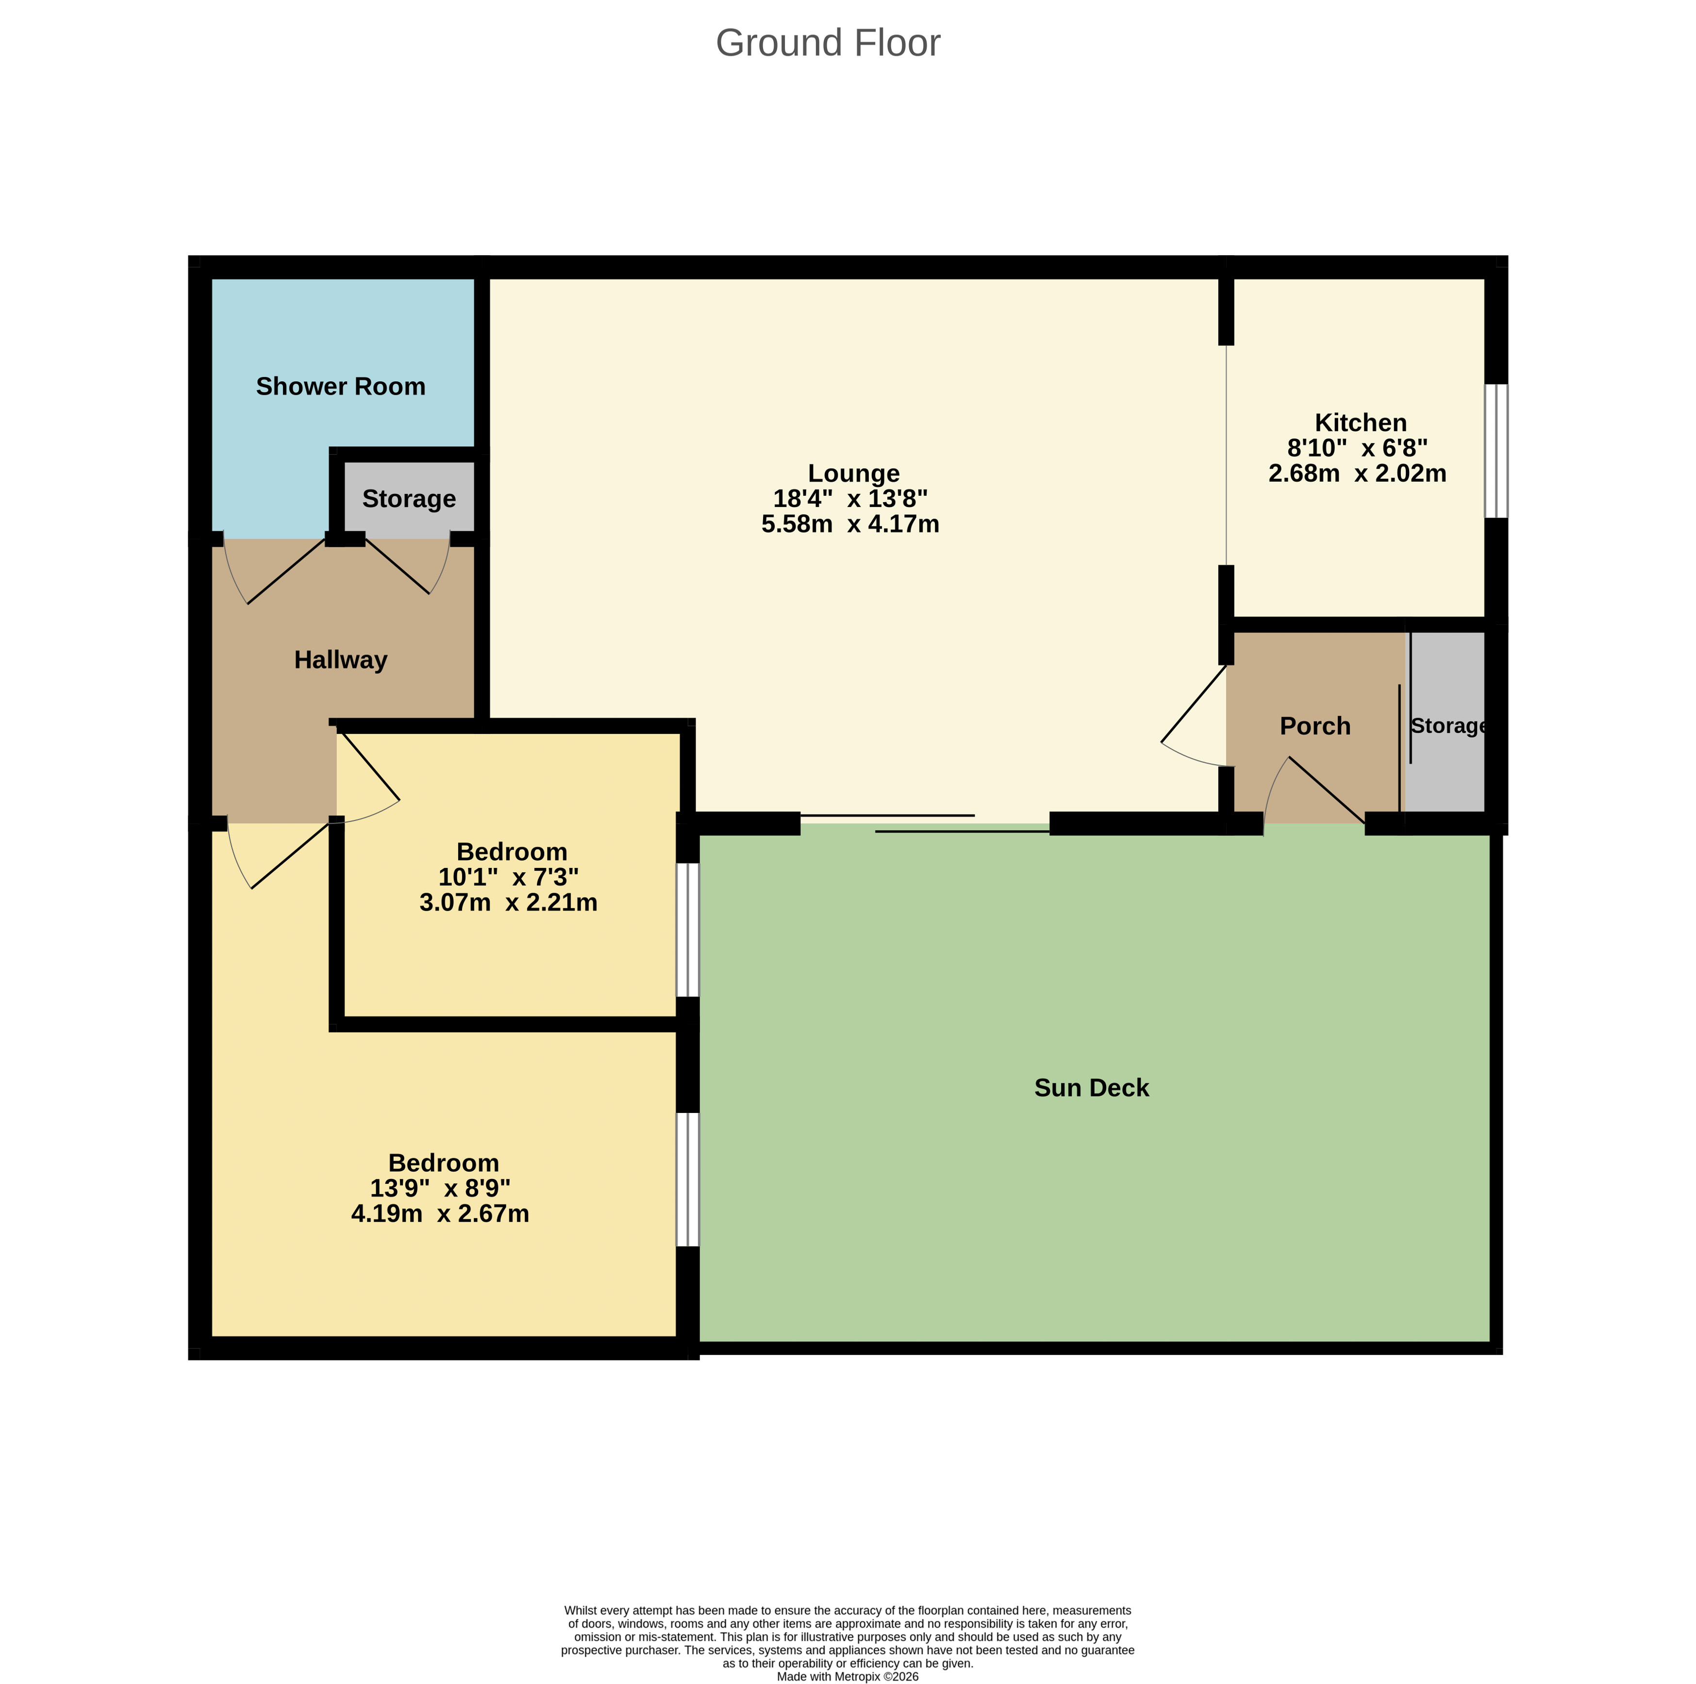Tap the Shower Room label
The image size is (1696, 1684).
click(x=341, y=386)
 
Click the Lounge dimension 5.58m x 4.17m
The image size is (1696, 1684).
click(x=850, y=524)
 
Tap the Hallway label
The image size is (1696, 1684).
click(x=341, y=660)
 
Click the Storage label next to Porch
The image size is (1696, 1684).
click(x=1447, y=726)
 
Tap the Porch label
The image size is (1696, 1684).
click(x=1314, y=726)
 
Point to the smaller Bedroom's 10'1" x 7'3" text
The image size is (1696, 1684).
click(x=508, y=877)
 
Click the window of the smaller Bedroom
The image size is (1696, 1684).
click(x=687, y=930)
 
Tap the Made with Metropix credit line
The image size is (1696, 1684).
click(x=847, y=1676)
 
